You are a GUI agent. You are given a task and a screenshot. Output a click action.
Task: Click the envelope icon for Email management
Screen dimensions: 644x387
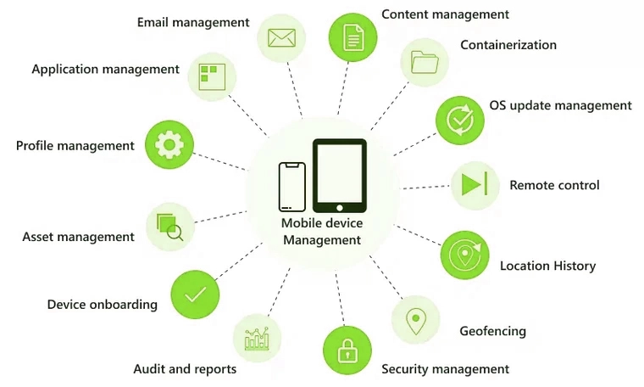[281, 38]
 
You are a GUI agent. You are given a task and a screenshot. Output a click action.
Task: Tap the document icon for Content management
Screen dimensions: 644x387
[353, 37]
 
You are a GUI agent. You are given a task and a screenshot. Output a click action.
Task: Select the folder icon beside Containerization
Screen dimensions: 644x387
[425, 62]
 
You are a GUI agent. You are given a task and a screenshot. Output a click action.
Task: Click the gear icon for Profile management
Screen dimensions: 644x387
[169, 145]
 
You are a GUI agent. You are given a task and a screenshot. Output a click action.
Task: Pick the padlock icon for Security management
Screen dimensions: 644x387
[347, 351]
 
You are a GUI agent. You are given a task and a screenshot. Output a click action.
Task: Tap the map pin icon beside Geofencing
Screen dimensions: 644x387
[416, 321]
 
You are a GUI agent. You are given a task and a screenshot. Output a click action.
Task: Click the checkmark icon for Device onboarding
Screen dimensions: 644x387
[195, 294]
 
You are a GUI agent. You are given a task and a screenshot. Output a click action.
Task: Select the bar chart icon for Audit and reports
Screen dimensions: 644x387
[257, 339]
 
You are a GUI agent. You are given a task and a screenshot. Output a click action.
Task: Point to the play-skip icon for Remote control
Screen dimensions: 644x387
[475, 184]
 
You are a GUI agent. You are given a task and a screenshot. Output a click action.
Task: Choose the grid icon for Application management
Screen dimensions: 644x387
[212, 77]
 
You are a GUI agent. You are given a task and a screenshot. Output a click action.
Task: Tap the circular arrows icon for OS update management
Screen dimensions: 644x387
[460, 121]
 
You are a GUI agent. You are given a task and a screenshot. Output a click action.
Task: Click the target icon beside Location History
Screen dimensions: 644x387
[465, 255]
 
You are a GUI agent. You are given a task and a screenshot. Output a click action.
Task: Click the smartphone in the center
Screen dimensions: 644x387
[292, 187]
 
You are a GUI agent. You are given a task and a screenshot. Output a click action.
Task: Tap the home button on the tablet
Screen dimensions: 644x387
[339, 208]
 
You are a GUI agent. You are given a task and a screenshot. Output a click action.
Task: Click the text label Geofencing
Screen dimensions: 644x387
[492, 331]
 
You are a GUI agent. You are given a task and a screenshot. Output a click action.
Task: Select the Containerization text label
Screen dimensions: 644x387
[508, 44]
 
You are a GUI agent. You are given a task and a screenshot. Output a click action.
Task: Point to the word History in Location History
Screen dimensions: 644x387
[575, 266]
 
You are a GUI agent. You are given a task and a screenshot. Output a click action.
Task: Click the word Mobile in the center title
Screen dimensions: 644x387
[299, 223]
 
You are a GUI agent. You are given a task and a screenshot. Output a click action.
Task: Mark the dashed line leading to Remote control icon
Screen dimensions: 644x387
[425, 187]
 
